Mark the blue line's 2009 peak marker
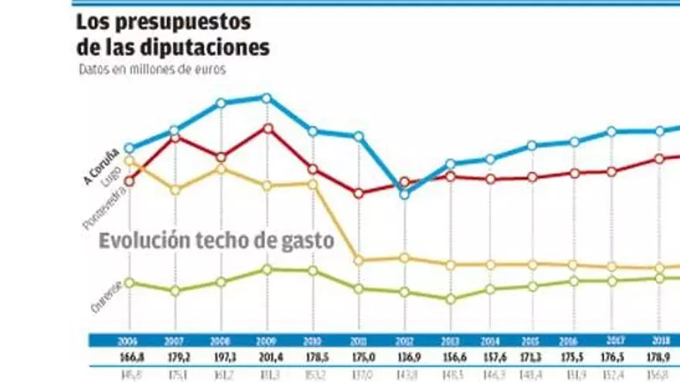[x=267, y=98]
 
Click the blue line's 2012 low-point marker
[x=404, y=194]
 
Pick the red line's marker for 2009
[x=267, y=128]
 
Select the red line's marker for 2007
[x=175, y=137]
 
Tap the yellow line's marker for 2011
[x=359, y=260]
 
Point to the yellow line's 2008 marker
[x=221, y=167]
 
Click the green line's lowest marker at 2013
[x=450, y=299]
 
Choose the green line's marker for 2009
[x=267, y=269]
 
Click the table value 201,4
[x=267, y=357]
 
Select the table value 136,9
[x=404, y=357]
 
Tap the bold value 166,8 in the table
[x=129, y=357]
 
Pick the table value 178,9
[x=659, y=357]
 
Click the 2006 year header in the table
[x=129, y=340]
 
